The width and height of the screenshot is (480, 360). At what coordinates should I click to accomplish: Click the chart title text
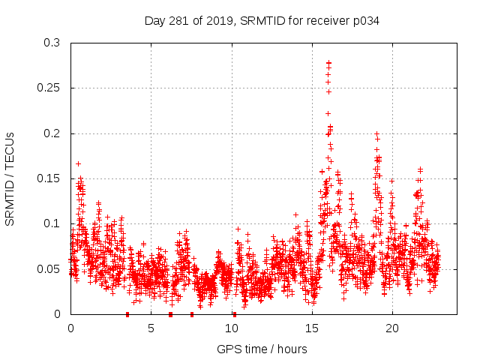(x=262, y=21)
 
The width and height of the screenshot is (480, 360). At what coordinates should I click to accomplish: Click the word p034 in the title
(x=366, y=21)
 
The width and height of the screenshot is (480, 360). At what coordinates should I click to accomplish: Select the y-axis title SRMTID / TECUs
(x=10, y=178)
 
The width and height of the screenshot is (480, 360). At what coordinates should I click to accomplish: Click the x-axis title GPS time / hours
(x=262, y=349)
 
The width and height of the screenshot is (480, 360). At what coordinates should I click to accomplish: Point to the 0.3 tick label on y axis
(x=51, y=43)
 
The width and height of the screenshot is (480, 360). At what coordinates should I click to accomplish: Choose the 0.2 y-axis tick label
(x=51, y=133)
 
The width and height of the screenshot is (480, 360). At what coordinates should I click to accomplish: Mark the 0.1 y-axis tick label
(x=51, y=223)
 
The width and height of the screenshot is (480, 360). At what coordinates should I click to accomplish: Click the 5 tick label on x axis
(x=151, y=328)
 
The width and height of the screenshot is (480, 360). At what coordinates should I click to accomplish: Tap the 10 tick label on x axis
(x=232, y=328)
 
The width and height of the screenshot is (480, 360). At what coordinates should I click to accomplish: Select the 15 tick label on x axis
(x=312, y=328)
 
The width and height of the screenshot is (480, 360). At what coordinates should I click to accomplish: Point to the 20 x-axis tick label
(x=392, y=328)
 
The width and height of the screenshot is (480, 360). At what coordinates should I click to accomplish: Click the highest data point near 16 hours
(x=328, y=63)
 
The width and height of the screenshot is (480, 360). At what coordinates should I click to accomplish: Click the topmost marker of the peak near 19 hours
(x=376, y=133)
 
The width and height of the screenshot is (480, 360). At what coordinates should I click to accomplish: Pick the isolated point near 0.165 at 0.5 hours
(x=78, y=163)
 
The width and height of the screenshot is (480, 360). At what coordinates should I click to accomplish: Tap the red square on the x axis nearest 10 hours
(x=235, y=314)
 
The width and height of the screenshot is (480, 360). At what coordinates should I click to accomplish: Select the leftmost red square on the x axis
(x=127, y=314)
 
